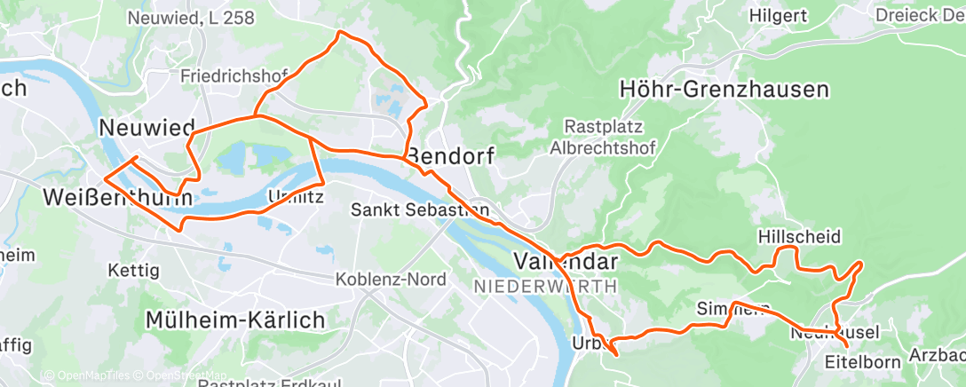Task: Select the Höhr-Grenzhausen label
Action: tap(724, 89)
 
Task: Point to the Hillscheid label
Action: tap(799, 236)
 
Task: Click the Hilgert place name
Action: tap(778, 15)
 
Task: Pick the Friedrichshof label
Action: tap(234, 75)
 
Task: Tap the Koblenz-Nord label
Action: tap(390, 279)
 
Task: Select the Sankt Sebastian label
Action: tap(419, 210)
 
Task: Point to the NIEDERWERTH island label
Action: tap(545, 287)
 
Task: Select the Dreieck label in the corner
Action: tap(919, 15)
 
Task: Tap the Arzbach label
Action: tap(937, 356)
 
